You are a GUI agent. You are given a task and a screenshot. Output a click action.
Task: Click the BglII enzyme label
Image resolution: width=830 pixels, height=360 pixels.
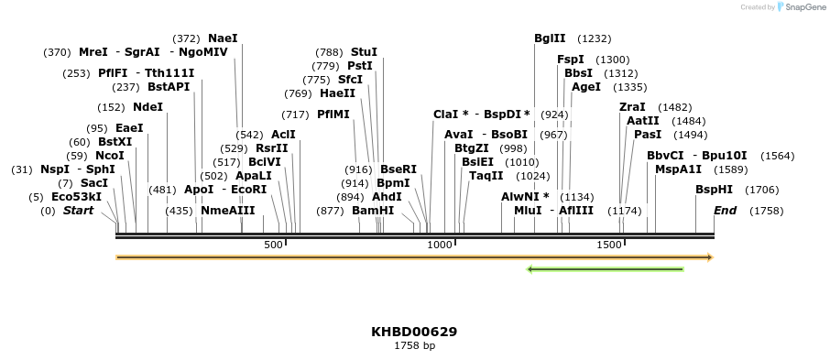pos(550,38)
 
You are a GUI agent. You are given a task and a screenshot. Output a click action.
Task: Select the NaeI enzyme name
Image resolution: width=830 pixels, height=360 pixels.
pos(223,38)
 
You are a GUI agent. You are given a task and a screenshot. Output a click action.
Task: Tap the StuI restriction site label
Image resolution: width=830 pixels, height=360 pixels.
pos(364,52)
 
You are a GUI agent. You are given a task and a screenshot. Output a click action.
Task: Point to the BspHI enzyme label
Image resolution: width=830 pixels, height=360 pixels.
pos(714,190)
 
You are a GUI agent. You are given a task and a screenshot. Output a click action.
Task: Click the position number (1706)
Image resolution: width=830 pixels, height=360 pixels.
pos(761,190)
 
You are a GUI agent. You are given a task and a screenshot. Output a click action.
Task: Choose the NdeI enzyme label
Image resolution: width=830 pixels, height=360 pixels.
pos(147,106)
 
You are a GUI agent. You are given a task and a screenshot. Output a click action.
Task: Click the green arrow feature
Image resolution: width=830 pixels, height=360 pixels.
pos(606,269)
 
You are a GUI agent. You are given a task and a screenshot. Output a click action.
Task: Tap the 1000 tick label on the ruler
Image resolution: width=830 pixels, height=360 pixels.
pos(441,245)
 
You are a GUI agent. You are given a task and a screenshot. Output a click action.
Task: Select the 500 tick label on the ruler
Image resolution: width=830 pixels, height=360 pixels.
pos(273,245)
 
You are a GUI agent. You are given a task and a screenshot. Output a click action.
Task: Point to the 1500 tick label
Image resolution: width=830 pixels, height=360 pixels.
pos(609,245)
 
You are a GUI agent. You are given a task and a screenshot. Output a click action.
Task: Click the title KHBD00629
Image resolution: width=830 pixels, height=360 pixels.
pos(414,332)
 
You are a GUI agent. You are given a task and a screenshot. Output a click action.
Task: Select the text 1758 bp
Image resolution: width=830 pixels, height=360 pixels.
pos(414,346)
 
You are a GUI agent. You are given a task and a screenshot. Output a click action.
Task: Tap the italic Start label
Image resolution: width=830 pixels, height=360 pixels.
pos(78,211)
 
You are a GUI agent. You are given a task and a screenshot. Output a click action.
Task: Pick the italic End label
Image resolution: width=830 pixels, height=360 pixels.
pos(725,211)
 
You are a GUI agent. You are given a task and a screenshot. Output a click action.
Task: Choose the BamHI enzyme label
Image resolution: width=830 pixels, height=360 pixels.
pos(373,211)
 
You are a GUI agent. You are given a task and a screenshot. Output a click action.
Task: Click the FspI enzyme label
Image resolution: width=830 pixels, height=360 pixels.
pos(570,60)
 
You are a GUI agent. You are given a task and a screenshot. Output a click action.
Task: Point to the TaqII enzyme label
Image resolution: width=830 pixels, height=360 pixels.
pos(486,175)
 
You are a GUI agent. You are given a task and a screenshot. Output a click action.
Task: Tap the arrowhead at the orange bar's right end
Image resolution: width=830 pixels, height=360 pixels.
pos(710,257)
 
